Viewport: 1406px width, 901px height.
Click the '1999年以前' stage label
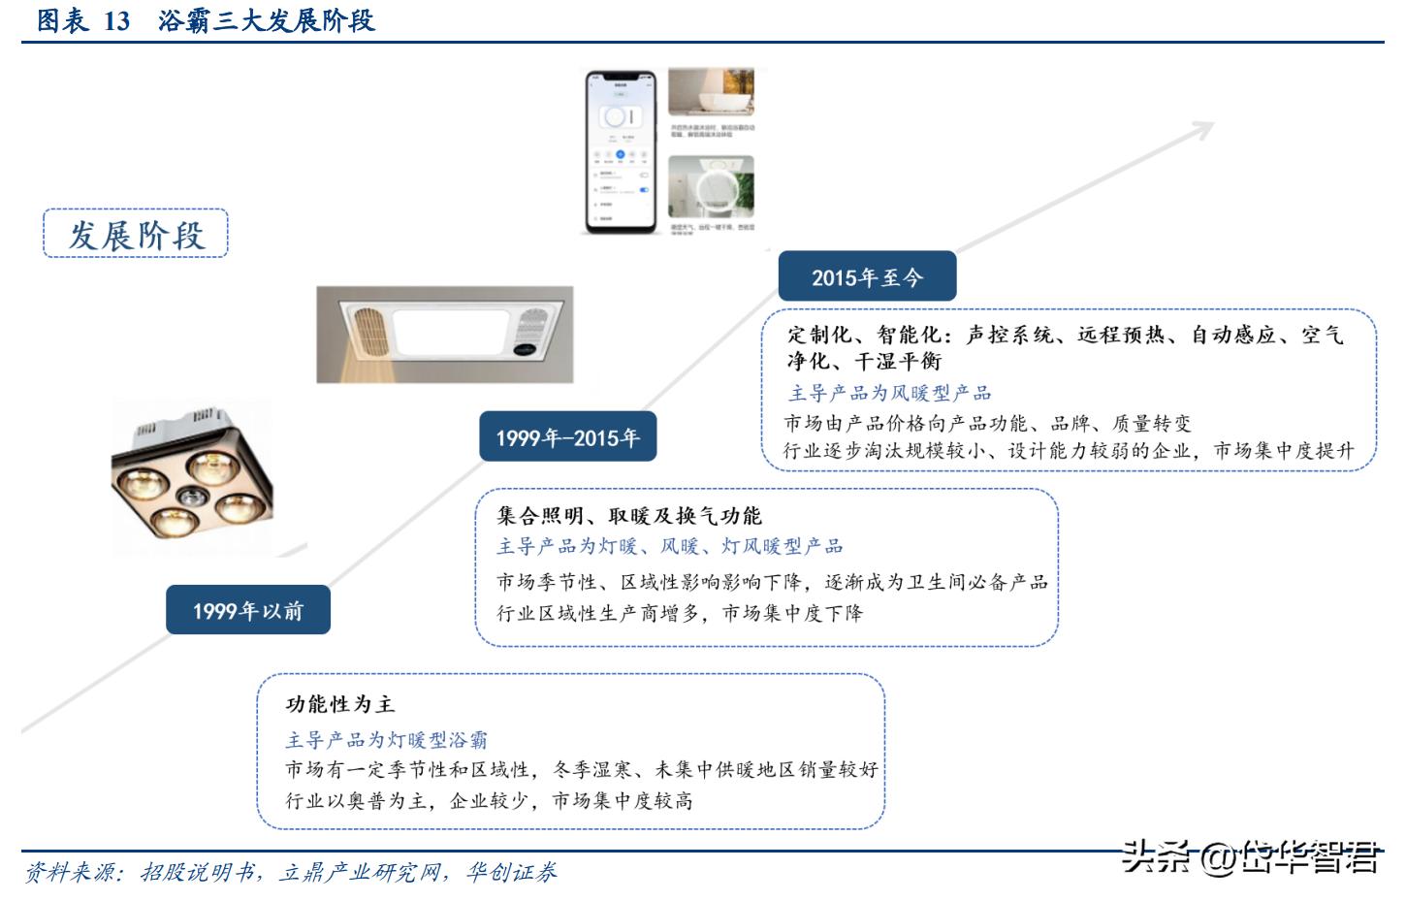pyautogui.click(x=247, y=610)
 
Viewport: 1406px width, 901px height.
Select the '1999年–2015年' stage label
pyautogui.click(x=567, y=437)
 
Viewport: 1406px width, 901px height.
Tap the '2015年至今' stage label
pyautogui.click(x=866, y=277)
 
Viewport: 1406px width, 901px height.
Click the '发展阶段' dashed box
pyautogui.click(x=136, y=234)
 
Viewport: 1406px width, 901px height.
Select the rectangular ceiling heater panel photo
pyautogui.click(x=445, y=334)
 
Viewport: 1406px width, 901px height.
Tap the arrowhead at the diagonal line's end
pyautogui.click(x=1202, y=128)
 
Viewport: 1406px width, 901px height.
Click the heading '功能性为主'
pyautogui.click(x=340, y=704)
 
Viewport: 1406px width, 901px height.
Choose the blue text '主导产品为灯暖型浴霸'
pyautogui.click(x=386, y=740)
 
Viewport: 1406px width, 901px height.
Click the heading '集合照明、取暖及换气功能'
pyautogui.click(x=629, y=516)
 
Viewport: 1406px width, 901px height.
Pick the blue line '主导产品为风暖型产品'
pyautogui.click(x=889, y=393)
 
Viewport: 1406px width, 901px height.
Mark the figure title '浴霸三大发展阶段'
pyautogui.click(x=267, y=20)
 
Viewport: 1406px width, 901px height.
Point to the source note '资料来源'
pyautogui.click(x=70, y=873)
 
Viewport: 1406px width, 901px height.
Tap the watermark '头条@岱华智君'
pyautogui.click(x=1251, y=857)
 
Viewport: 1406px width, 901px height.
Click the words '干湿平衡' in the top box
pyautogui.click(x=898, y=362)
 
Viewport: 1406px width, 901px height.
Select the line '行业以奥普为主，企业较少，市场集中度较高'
pyautogui.click(x=489, y=801)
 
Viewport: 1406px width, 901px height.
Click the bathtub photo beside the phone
pyautogui.click(x=711, y=92)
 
